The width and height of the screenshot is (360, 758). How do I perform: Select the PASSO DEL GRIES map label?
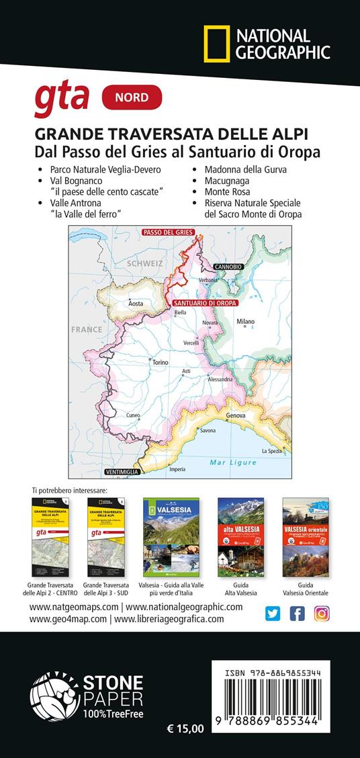pyautogui.click(x=166, y=233)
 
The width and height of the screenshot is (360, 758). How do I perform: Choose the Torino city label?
pyautogui.click(x=160, y=362)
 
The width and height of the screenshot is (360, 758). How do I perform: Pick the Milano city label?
pyautogui.click(x=245, y=322)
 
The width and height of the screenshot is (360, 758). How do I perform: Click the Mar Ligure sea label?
pyautogui.click(x=232, y=462)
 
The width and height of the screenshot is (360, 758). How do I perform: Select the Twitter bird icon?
pyautogui.click(x=272, y=613)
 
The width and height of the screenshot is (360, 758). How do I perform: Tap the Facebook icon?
pyautogui.click(x=297, y=613)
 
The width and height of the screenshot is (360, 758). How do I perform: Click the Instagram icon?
pyautogui.click(x=322, y=613)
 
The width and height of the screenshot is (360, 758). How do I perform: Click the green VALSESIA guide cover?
pyautogui.click(x=171, y=537)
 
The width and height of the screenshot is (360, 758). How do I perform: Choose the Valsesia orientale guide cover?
pyautogui.click(x=306, y=537)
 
